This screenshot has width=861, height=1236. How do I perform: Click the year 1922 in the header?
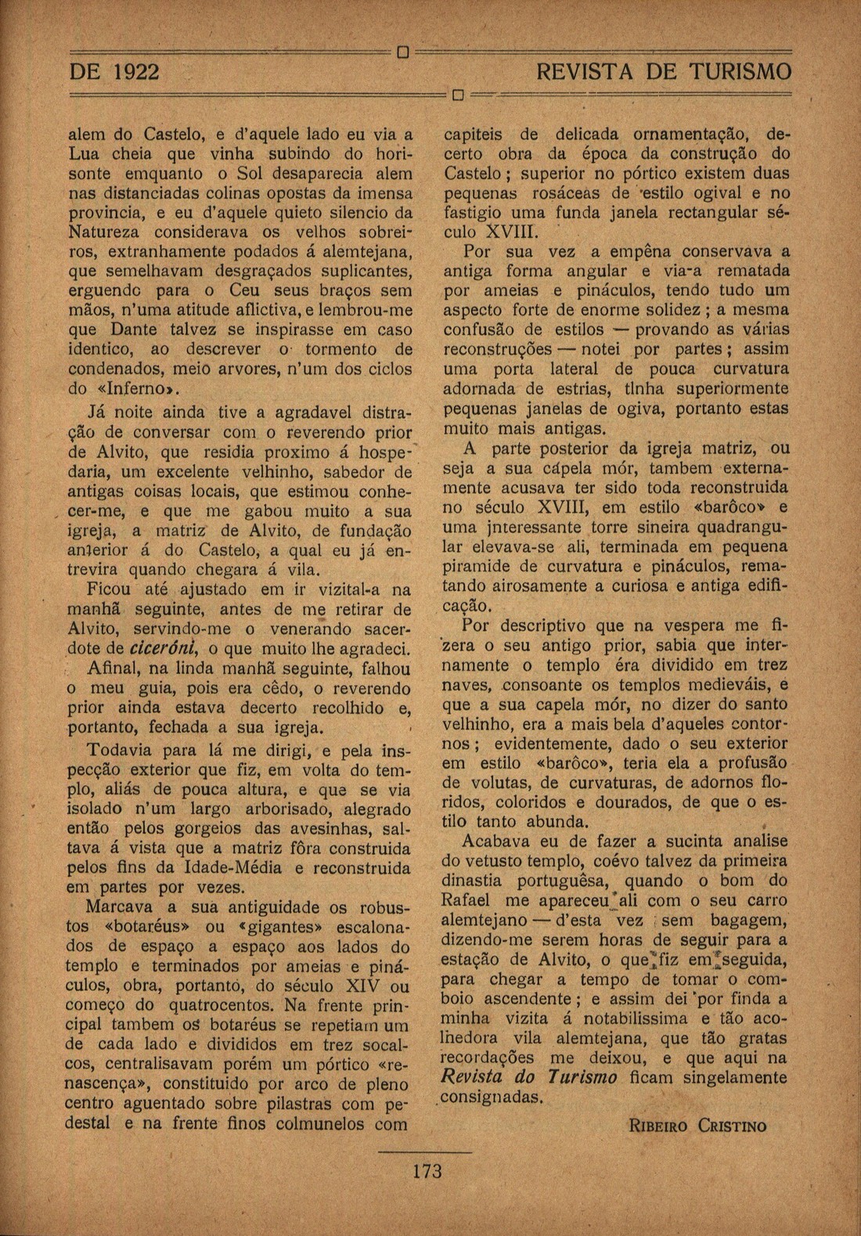coord(137,72)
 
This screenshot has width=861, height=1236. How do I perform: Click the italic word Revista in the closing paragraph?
coord(476,1077)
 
